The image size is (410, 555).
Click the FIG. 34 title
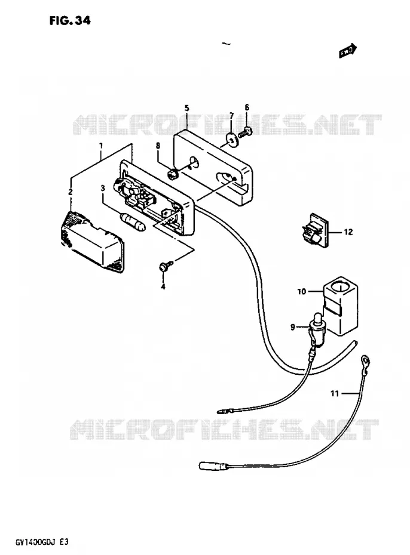(70, 20)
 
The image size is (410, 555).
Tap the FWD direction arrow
(348, 51)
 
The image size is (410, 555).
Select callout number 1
(101, 146)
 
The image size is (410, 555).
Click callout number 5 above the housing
(186, 108)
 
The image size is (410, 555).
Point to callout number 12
(348, 232)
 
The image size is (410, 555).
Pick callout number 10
(302, 291)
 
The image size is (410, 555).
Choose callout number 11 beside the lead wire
(335, 393)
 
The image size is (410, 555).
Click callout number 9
(293, 327)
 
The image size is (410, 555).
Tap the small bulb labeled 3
(133, 221)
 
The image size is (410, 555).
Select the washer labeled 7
(232, 140)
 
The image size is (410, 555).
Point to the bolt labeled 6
(246, 132)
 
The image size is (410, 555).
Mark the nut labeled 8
(172, 174)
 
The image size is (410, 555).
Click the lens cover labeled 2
(91, 242)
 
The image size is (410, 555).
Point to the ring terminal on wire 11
(365, 361)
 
